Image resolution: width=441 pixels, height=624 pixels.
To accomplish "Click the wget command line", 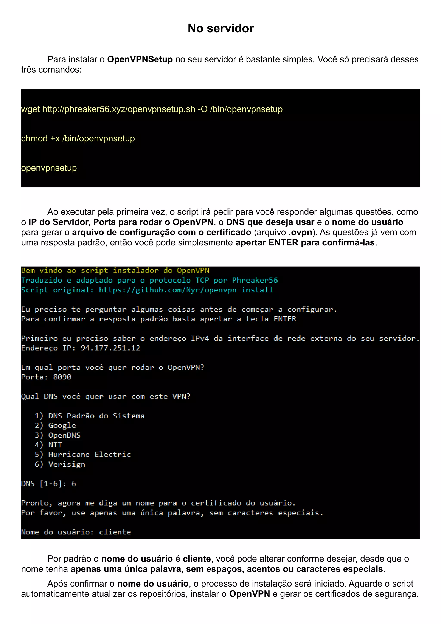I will click(x=152, y=109).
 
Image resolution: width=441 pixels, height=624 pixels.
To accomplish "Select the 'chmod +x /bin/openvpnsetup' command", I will click(x=78, y=139).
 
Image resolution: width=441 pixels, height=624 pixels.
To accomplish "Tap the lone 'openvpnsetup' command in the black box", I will click(x=49, y=168).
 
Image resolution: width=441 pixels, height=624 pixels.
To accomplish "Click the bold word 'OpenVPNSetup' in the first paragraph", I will click(x=140, y=59).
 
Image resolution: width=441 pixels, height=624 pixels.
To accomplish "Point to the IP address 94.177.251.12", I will click(x=110, y=348).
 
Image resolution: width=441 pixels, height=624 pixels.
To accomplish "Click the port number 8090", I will click(x=62, y=377).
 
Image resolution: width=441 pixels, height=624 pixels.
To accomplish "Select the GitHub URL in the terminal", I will click(x=186, y=290).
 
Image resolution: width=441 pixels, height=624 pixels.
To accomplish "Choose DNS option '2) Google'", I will click(x=55, y=426).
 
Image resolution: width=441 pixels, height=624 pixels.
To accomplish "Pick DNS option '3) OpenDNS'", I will click(x=58, y=435).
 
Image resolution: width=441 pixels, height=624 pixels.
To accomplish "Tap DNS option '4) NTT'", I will click(x=48, y=445).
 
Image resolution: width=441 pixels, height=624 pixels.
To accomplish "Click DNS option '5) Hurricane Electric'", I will click(x=83, y=455).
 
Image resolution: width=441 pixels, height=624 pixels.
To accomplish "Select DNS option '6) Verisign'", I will click(x=60, y=464).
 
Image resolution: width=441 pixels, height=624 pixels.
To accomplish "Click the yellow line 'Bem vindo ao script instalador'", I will click(x=115, y=271).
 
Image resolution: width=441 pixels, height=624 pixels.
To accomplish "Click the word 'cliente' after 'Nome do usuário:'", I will click(x=115, y=532).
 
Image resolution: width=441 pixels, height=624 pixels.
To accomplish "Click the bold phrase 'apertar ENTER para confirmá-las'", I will click(x=305, y=242).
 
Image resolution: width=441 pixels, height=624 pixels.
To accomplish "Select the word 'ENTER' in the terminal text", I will click(x=284, y=319).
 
